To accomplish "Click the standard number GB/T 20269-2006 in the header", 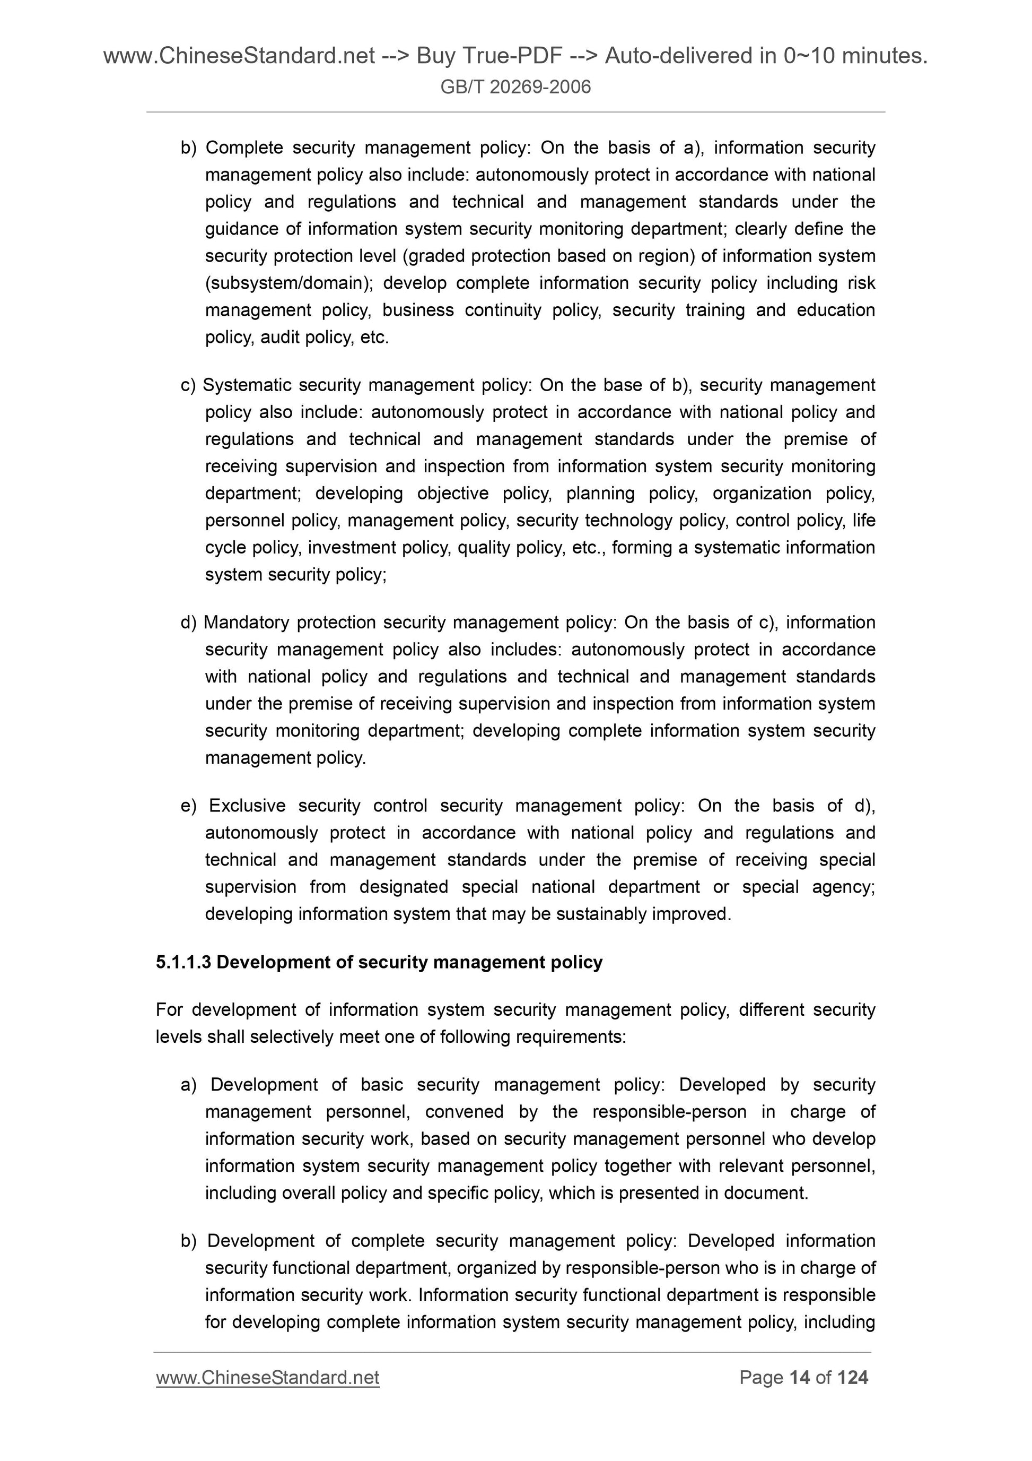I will coord(515,87).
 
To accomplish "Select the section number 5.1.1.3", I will coord(183,962).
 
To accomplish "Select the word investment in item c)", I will coord(352,548).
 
